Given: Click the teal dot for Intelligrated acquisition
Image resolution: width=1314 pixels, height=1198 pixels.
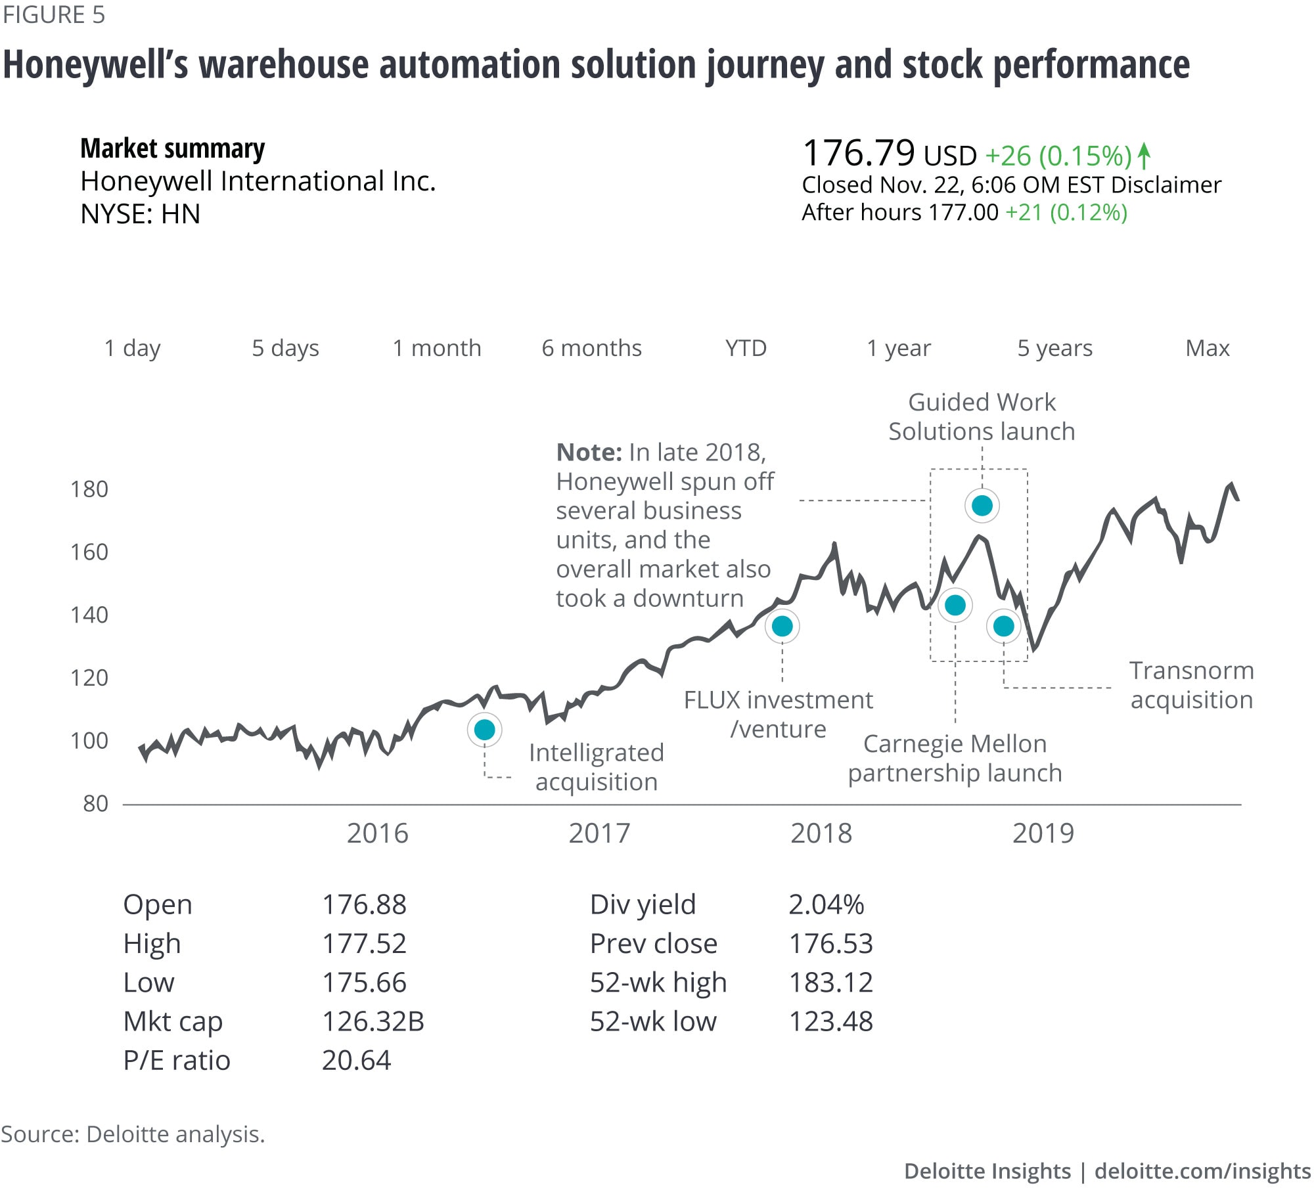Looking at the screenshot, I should (484, 730).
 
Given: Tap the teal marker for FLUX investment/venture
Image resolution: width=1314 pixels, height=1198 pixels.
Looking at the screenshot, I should (782, 626).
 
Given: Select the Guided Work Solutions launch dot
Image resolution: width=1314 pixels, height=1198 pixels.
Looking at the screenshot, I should (982, 506).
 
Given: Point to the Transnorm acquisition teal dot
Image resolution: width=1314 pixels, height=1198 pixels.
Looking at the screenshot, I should (1003, 627).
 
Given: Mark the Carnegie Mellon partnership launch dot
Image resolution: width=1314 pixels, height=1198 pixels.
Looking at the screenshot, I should (955, 605).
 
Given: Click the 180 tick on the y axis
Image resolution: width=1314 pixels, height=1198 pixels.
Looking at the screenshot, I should (89, 489).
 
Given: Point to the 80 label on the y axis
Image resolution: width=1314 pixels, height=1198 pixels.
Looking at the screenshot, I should (96, 803).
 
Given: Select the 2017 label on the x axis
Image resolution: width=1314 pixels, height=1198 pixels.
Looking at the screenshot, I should (599, 833).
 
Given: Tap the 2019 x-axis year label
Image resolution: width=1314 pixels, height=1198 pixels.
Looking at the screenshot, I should (1043, 833).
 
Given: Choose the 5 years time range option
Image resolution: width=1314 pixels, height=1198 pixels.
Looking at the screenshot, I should (1054, 348).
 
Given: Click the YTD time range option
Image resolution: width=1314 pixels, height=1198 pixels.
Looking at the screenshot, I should (746, 348).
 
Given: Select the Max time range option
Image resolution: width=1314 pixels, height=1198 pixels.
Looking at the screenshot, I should (1207, 348).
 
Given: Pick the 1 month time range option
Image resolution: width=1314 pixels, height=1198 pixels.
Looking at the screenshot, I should (437, 348).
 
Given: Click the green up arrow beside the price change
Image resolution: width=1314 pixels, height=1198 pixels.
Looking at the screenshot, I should (1144, 156).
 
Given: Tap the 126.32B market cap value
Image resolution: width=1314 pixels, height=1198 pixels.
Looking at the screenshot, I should (373, 1021).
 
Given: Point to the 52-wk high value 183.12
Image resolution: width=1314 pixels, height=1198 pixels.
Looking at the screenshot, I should (830, 983).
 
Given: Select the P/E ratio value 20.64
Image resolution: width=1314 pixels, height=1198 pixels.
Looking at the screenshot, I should (356, 1060).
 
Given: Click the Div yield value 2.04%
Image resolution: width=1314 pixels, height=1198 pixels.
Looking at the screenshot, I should (826, 904).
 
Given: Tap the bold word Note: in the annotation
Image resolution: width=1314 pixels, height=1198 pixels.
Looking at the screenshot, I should (589, 453).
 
